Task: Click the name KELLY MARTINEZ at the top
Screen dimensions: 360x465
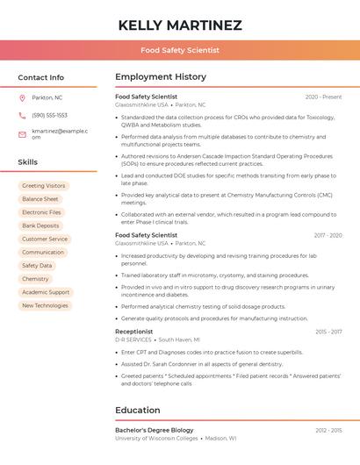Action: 180,25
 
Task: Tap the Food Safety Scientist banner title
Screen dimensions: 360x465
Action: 180,51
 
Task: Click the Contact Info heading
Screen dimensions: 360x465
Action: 41,77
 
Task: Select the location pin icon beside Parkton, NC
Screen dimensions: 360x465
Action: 22,97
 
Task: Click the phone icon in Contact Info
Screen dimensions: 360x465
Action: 22,115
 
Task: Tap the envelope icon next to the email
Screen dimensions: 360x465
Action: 22,134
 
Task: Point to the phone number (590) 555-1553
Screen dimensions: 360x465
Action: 49,115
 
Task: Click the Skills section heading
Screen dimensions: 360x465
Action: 28,162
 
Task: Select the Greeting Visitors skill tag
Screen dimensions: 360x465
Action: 44,186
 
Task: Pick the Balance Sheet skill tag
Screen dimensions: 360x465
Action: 40,199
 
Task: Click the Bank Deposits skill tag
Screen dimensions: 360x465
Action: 41,225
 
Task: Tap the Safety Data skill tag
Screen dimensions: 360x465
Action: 37,265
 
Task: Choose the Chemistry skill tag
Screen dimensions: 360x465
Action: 35,279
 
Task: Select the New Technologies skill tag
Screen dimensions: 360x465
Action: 45,305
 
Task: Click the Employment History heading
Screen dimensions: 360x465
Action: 161,77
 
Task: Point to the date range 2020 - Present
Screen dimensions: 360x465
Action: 323,97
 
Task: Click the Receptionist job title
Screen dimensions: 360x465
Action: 134,332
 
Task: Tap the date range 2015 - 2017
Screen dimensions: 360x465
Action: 328,332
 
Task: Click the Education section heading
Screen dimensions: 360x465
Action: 138,410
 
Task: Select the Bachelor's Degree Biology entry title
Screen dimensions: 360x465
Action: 155,430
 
